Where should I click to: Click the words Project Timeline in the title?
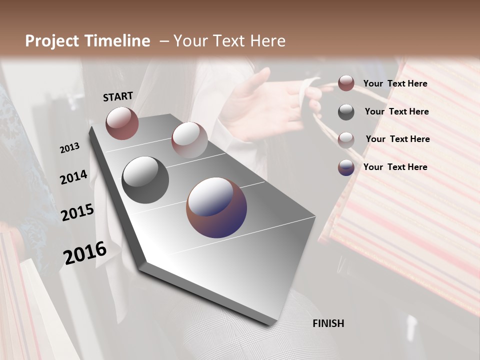point(87,41)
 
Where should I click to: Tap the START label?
point(118,96)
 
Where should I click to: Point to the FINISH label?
point(328,323)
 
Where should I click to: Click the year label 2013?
point(69,147)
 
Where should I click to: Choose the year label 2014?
point(73,177)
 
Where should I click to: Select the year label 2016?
point(85,252)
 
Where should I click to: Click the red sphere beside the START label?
point(122,123)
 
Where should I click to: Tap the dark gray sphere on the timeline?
point(145,180)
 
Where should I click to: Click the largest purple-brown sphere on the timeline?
point(216,207)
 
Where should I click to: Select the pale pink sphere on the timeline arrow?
point(189,139)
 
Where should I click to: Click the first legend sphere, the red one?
point(346,83)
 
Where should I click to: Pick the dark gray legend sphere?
point(346,112)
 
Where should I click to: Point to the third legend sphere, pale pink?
point(346,140)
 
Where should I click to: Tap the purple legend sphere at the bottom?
point(346,167)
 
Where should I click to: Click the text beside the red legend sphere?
point(395,84)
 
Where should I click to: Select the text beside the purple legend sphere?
point(395,167)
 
